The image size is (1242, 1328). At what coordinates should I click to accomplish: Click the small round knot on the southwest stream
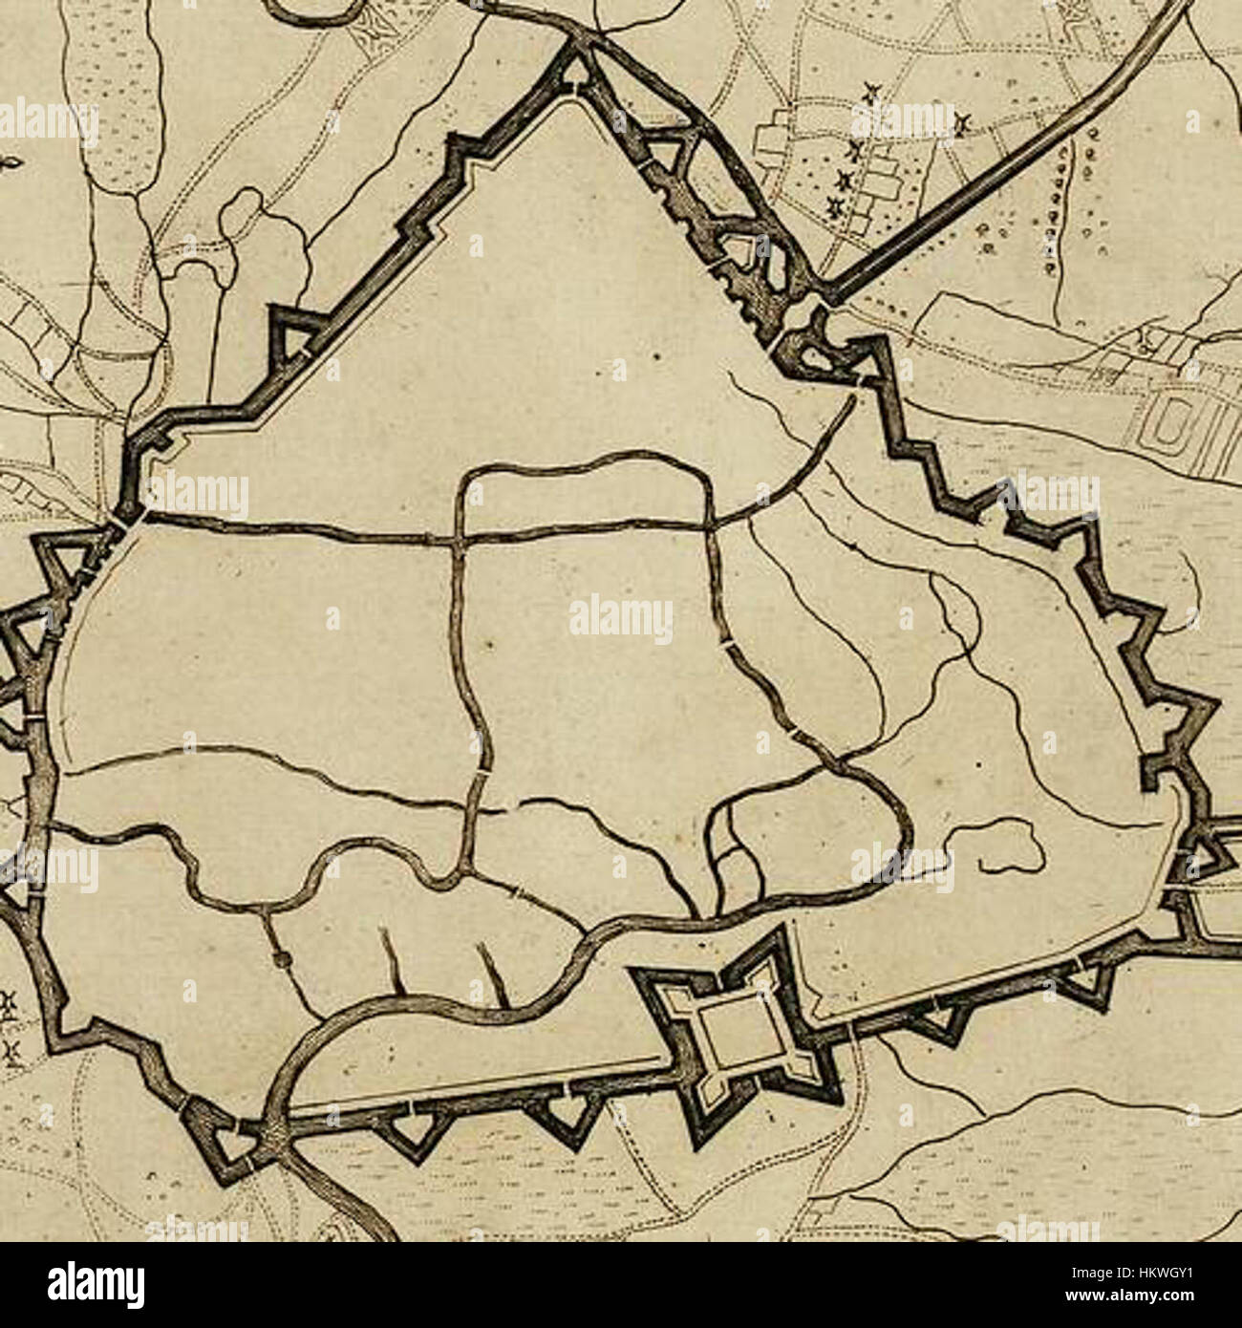tap(279, 957)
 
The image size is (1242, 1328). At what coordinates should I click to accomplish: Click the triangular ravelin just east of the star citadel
tap(941, 1022)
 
